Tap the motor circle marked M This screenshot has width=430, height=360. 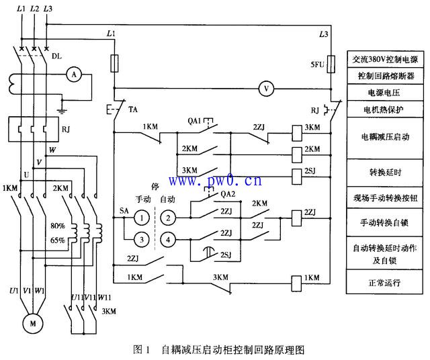(x=31, y=322)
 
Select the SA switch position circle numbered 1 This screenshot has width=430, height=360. (x=142, y=217)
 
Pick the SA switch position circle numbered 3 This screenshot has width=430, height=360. (x=142, y=238)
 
